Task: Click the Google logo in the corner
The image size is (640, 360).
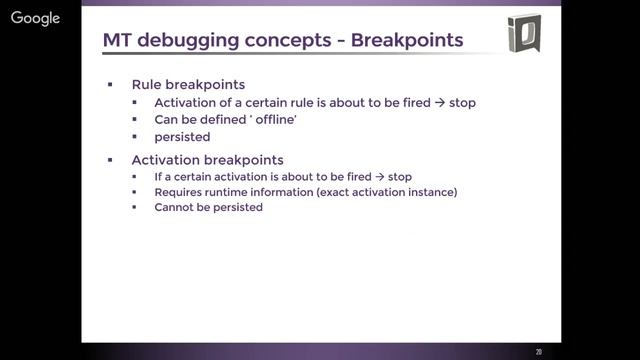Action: tap(35, 18)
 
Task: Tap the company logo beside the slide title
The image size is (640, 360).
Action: tap(523, 33)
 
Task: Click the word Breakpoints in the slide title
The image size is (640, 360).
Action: tap(407, 40)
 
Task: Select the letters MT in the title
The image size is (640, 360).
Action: tap(118, 40)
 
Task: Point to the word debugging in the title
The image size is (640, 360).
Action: tap(182, 40)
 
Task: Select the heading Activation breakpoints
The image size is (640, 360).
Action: tap(207, 159)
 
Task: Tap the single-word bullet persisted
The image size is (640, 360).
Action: tap(182, 137)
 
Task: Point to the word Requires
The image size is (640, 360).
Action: tap(179, 192)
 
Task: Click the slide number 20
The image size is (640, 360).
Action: tap(539, 351)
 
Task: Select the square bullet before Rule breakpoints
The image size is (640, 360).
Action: tap(110, 85)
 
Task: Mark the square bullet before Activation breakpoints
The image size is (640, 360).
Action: tap(110, 159)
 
